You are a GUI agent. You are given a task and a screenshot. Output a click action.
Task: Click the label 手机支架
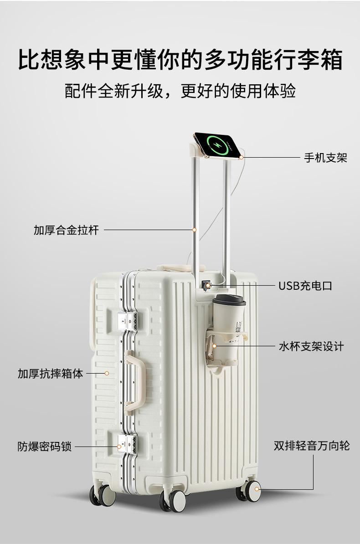pos(325,158)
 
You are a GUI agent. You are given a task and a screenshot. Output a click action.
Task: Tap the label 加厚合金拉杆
pos(66,230)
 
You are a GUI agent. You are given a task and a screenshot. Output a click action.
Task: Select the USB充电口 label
pos(305,286)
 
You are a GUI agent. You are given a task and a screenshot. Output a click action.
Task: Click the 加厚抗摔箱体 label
pos(51,374)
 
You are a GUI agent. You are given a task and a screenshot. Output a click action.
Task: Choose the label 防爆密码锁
pos(45,446)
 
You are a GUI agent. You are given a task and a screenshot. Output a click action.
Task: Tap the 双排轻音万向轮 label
pos(312,445)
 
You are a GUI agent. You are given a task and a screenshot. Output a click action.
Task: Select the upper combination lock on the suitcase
pos(128,319)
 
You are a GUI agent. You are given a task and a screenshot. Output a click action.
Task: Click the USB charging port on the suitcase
pos(206,286)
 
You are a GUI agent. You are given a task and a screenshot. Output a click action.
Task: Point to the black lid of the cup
pos(229,300)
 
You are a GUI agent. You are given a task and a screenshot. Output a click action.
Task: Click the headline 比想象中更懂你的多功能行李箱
pos(180,61)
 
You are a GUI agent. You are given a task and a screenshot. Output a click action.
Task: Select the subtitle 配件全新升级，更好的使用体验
pos(180,91)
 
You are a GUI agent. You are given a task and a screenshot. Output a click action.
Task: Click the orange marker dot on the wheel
pos(257,489)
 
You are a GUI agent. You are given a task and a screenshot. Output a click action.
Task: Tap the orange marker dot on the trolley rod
pos(195,230)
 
